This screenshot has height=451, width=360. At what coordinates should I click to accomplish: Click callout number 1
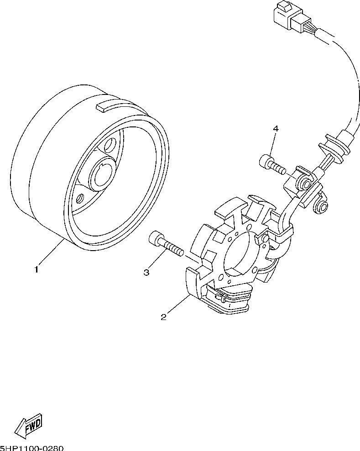tap(37, 270)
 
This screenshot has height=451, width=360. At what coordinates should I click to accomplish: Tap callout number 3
tap(146, 273)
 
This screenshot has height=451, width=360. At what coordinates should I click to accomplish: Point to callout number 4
tap(276, 129)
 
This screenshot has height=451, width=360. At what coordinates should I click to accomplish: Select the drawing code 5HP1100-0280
tap(32, 447)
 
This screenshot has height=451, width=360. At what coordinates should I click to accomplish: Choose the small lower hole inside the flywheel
tap(80, 199)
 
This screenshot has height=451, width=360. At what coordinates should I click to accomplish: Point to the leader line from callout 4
tap(272, 144)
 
